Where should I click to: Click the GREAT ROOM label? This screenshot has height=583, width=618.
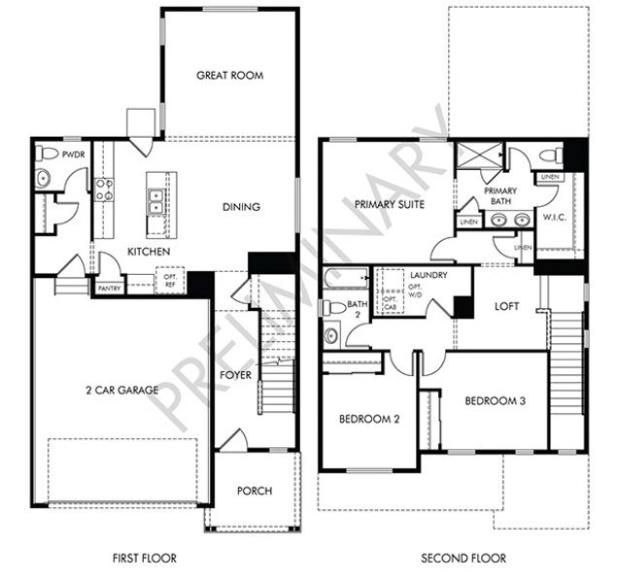(230, 75)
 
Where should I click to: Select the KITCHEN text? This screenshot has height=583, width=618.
(149, 253)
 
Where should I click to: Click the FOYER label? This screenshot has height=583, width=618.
(236, 374)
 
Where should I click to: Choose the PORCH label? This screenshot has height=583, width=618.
(255, 491)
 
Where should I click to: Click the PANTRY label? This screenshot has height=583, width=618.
(109, 289)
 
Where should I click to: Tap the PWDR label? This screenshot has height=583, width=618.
(74, 154)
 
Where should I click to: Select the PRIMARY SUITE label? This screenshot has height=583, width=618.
(389, 204)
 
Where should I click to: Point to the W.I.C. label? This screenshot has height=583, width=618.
(556, 217)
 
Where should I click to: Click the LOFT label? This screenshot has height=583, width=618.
(507, 306)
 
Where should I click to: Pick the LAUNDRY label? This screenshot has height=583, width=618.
(428, 276)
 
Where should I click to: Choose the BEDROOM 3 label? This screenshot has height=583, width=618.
(495, 400)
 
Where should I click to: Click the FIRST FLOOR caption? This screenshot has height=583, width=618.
(143, 559)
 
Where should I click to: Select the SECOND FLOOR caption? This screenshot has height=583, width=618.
(463, 559)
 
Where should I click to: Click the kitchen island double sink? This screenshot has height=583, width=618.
(155, 201)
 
